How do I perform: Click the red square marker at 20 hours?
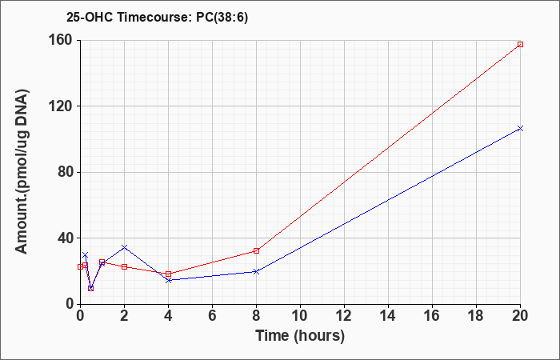click(x=520, y=44)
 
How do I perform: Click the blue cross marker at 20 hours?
click(x=520, y=128)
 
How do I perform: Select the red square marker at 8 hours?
click(x=257, y=250)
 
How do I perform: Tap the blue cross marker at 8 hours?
click(x=257, y=271)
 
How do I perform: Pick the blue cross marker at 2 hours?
click(x=124, y=247)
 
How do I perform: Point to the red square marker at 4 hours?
click(x=168, y=274)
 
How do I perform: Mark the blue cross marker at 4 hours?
click(x=168, y=280)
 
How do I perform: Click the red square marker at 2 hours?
click(x=124, y=266)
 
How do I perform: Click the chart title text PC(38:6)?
click(x=222, y=18)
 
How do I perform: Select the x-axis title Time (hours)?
click(x=300, y=336)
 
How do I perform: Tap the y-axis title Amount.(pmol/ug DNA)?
click(x=22, y=171)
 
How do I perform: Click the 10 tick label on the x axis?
click(x=300, y=316)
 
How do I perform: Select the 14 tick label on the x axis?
click(x=388, y=316)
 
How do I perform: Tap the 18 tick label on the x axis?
click(x=477, y=316)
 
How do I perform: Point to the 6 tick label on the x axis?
click(x=212, y=316)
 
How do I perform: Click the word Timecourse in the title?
click(x=154, y=18)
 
